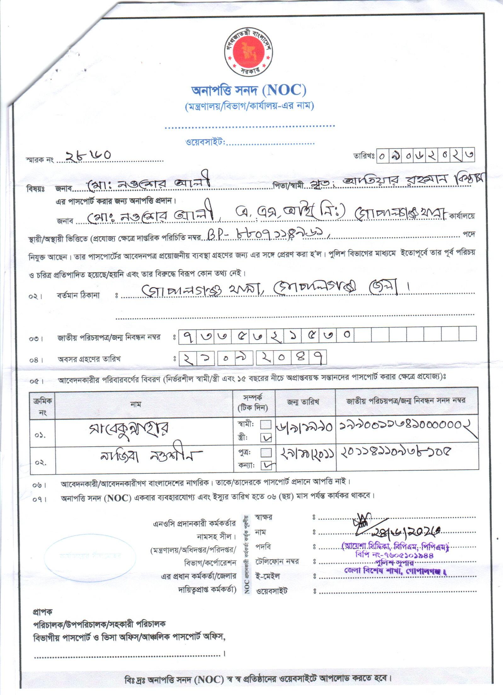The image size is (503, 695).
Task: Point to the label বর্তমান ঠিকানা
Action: coord(78,295)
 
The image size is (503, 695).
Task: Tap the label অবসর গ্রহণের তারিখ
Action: coord(89,359)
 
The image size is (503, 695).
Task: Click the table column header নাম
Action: coord(136,404)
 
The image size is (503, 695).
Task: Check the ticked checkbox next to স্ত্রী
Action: coord(266,437)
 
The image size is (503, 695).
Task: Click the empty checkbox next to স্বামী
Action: coord(266,425)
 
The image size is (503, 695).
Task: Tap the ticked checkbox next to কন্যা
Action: coord(266,465)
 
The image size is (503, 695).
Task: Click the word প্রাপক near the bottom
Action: coord(43,612)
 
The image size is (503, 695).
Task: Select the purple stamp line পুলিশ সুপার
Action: coord(394,563)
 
